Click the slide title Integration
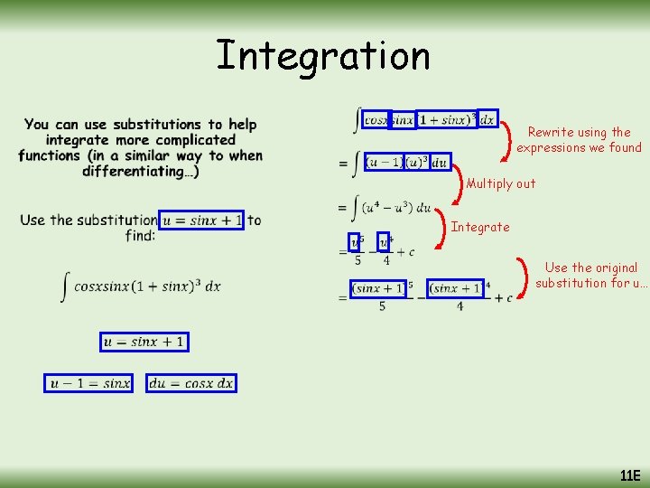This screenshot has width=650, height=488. coord(323,55)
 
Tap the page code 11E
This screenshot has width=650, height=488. coord(629,475)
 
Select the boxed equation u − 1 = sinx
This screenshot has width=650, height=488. coord(90,383)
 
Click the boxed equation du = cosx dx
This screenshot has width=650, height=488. coord(190,383)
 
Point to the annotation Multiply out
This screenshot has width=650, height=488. coord(500,183)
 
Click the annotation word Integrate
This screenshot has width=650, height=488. coord(480,227)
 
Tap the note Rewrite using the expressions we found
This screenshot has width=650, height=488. coord(579,140)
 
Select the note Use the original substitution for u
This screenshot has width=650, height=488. coord(591,275)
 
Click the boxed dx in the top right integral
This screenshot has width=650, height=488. coord(487,118)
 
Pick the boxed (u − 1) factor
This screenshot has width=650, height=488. coord(384,163)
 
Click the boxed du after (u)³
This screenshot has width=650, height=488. coord(440,163)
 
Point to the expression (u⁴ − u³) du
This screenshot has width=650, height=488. coord(395,207)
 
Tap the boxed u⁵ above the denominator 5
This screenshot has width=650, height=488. coord(357,242)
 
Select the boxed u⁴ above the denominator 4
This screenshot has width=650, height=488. coord(385,242)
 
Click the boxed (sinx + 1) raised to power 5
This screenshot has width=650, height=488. coord(378,288)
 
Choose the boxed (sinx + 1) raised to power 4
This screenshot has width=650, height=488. coord(457,288)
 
